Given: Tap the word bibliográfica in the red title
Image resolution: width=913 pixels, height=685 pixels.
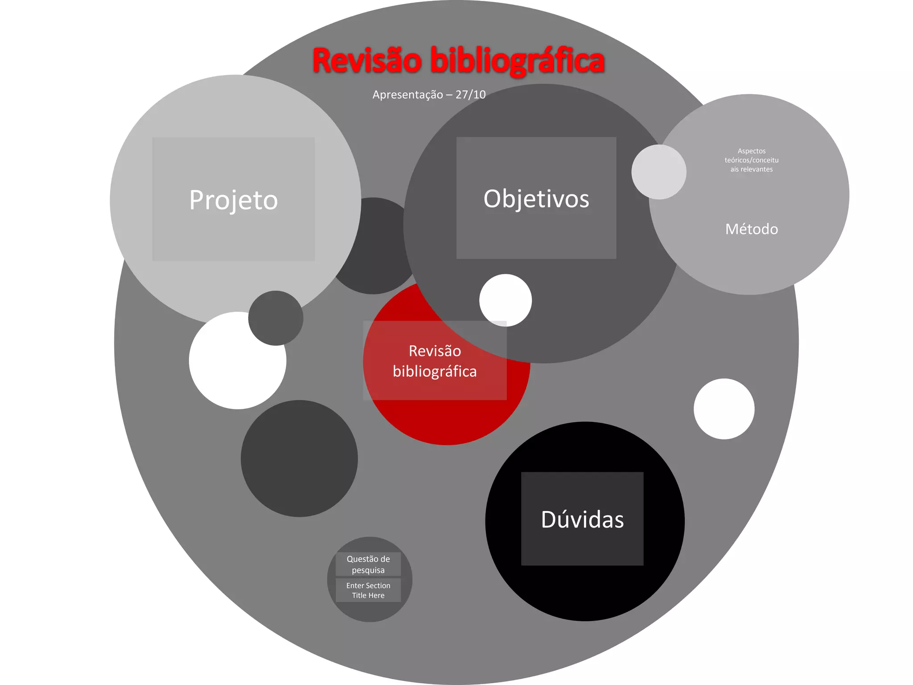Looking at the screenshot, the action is point(517,61).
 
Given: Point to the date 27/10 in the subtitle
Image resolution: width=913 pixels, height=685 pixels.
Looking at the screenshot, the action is point(470,95).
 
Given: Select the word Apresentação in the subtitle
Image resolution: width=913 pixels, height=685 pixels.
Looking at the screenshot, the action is point(407,95).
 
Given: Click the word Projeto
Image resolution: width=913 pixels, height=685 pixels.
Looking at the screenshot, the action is point(233,200).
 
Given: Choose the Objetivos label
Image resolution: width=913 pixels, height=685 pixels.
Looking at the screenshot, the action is point(536,198).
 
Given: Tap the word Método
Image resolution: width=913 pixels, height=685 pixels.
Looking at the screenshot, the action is point(751,229).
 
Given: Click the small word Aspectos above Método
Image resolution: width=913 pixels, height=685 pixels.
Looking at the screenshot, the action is point(751,151).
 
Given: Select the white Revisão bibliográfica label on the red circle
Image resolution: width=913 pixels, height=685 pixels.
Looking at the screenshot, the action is point(435,361).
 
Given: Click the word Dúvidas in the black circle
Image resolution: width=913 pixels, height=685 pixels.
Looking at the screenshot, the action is point(582,520).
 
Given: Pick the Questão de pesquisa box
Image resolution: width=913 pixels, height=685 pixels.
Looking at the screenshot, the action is point(368,564).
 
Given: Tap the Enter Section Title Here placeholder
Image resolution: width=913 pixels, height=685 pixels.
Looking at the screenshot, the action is point(368,590).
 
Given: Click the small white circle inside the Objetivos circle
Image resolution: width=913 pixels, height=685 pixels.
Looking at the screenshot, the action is point(506,300).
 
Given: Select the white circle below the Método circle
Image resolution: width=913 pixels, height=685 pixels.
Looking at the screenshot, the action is point(724,409).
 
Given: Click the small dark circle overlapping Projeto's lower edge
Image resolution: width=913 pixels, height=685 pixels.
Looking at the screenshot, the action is point(276,318).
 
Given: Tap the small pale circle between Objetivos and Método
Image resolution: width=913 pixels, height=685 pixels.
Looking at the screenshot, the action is point(658,172).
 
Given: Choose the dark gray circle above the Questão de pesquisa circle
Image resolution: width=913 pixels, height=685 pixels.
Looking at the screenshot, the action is point(299,458).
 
